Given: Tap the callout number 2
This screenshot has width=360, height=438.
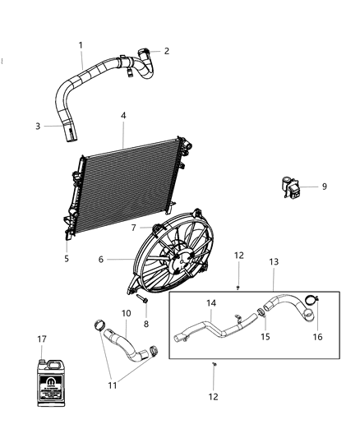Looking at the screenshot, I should [167, 51].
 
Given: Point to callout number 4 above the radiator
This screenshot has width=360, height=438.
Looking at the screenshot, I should [123, 116].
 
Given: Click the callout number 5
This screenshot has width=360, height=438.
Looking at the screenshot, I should [67, 258].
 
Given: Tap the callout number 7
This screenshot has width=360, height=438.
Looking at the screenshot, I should [134, 227].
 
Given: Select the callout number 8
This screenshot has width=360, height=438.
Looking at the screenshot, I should [147, 324].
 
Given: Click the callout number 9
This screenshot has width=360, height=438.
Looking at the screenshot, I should [324, 187].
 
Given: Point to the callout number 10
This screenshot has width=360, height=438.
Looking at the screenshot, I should [127, 313].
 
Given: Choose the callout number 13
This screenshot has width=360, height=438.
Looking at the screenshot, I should [274, 261].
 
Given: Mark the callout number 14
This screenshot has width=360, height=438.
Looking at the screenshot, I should [211, 304].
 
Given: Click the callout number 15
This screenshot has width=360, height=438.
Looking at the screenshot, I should [264, 335].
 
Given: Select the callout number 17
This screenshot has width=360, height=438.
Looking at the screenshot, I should [41, 339].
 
